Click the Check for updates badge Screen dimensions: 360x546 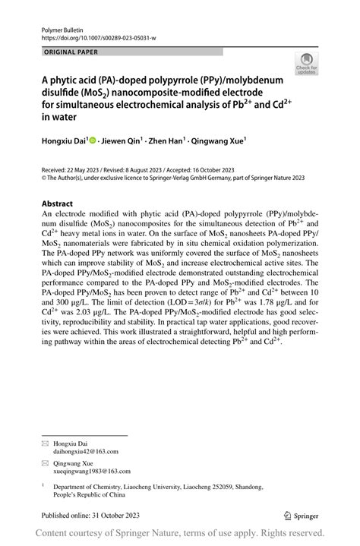coord(307,64)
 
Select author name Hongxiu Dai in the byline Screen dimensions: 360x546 coord(63,140)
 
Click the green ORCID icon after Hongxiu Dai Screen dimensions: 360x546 coord(93,140)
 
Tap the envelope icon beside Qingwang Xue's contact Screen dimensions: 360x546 coord(45,462)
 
